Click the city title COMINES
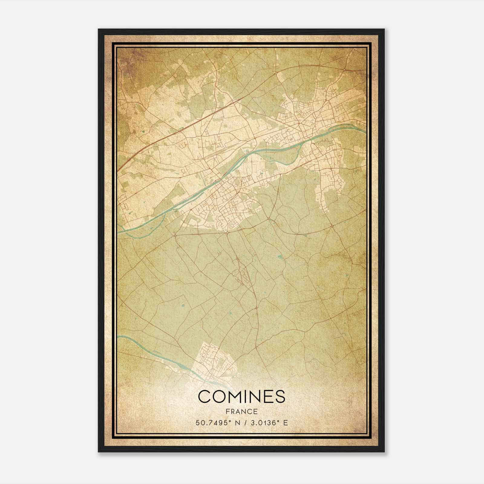click(242, 397)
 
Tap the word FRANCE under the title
click(241, 411)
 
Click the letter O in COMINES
click(220, 397)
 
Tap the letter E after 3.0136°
click(286, 423)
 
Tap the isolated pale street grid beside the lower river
click(215, 360)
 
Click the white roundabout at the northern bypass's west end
click(276, 73)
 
